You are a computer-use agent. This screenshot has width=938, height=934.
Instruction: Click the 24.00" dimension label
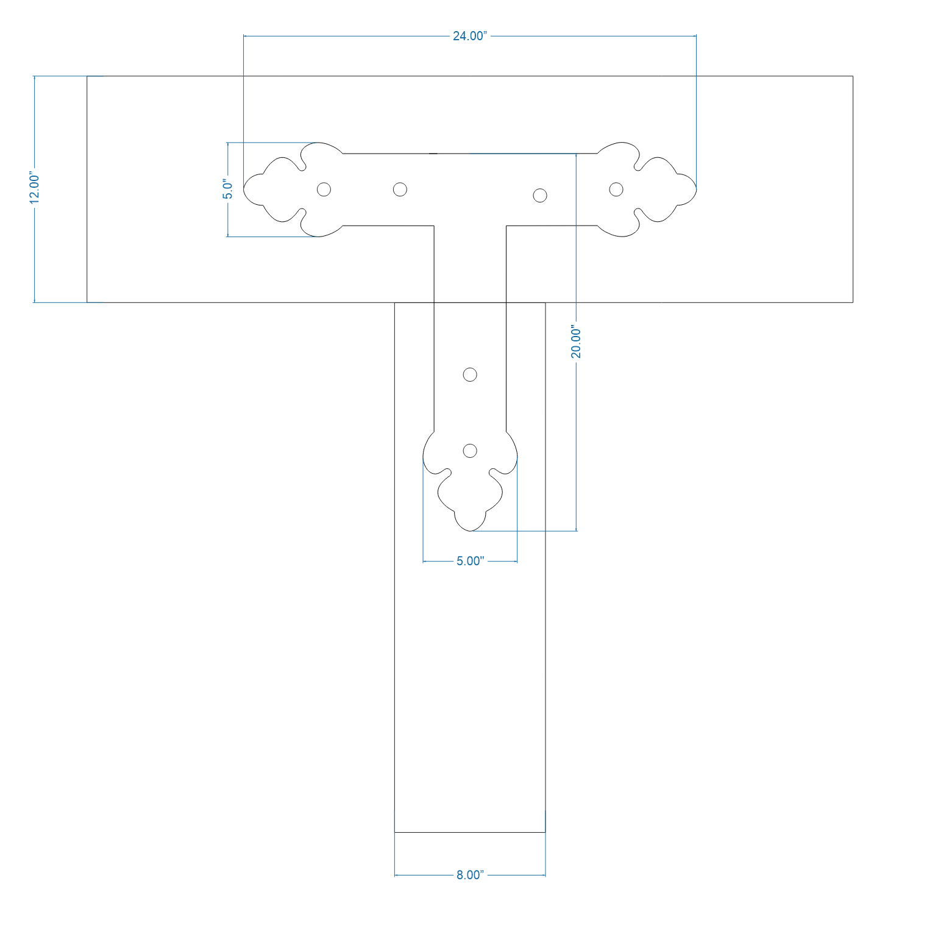coord(469,36)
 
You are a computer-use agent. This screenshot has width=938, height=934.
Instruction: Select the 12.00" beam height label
coord(35,188)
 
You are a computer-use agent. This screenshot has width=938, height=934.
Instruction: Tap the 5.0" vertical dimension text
coord(227,189)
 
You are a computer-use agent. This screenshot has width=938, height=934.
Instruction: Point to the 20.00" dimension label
coord(576,343)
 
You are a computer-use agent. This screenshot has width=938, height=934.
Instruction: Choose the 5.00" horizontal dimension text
coord(470,561)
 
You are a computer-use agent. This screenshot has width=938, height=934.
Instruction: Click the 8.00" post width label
coord(470,875)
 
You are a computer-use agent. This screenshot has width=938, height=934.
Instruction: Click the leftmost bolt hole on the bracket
coord(324,189)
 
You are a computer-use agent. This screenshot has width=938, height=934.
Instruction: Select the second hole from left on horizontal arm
coord(400,189)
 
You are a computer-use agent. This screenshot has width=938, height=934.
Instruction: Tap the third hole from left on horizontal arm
coord(539,195)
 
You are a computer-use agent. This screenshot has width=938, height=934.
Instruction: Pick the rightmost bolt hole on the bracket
coord(616,189)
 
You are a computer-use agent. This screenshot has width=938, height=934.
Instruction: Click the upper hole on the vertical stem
coord(470,374)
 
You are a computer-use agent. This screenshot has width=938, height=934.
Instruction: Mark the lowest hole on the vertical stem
coord(470,451)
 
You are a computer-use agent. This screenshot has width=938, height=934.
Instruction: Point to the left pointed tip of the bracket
coord(244,189)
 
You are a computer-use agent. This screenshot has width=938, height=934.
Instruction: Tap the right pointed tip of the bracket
coord(696,189)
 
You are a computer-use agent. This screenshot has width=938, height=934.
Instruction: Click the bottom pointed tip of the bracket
coord(470,530)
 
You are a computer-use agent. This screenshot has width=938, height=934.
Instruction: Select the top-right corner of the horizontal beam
coord(852,76)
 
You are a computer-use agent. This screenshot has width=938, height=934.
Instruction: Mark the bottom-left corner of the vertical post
coord(395,832)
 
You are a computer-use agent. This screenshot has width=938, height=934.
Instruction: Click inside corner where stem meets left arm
coord(434,226)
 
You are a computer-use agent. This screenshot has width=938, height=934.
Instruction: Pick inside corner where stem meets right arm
coord(506,226)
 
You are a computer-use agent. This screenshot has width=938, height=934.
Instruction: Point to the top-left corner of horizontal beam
coord(87,76)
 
